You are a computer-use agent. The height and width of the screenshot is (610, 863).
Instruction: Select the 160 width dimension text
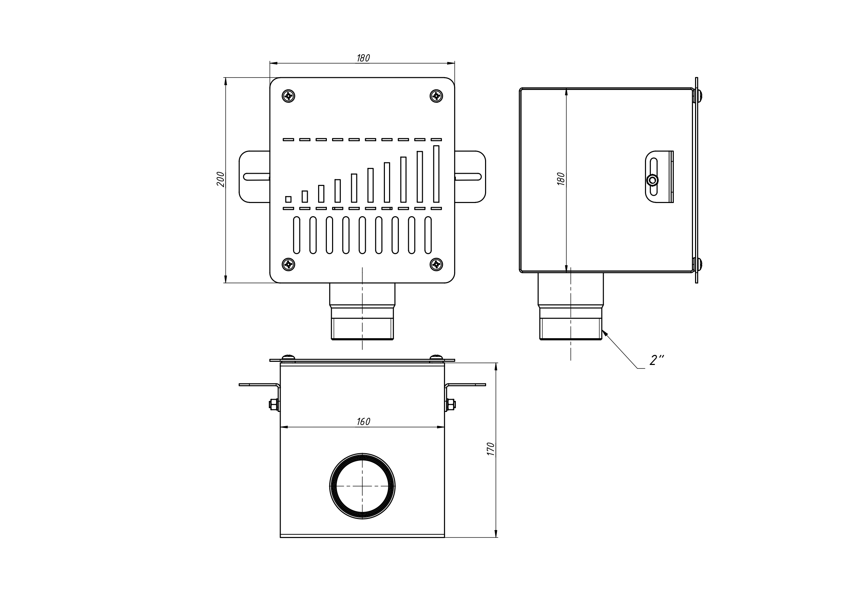(363, 422)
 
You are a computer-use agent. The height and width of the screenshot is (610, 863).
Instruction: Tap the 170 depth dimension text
(491, 449)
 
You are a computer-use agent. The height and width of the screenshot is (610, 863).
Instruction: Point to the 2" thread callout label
(656, 360)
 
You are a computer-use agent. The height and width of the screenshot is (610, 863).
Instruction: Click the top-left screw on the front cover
(288, 96)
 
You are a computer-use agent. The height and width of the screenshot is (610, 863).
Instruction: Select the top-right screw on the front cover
(436, 96)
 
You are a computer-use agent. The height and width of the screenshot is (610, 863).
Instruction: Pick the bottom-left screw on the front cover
(288, 265)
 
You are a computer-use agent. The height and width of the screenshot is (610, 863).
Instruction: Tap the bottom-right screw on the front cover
(436, 265)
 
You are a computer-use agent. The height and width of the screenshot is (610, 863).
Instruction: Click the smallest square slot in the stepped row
(288, 199)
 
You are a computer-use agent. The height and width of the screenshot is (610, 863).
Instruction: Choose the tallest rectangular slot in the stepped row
(436, 174)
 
